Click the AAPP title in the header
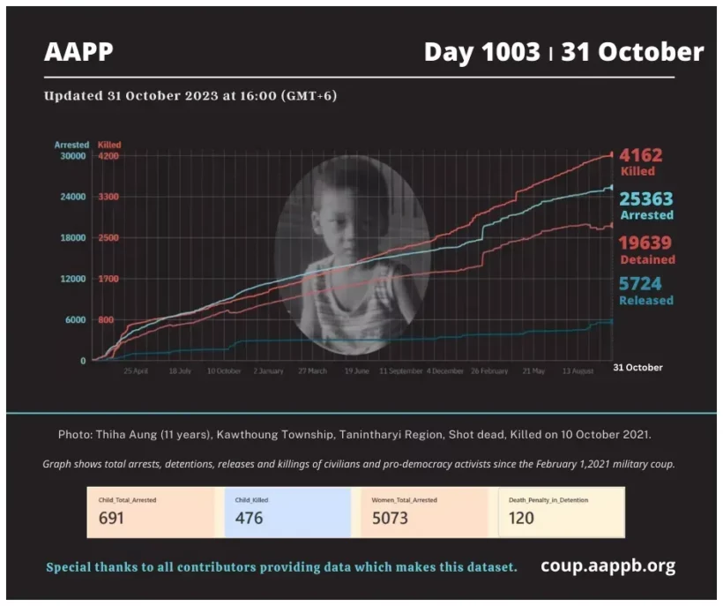coord(78,52)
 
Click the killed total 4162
coord(640,156)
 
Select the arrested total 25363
coord(645,199)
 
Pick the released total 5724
coord(640,284)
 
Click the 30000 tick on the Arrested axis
coord(72,156)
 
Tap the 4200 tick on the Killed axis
coord(108,156)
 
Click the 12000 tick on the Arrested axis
coord(72,279)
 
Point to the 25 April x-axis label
coord(136,371)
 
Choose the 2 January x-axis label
coord(268,371)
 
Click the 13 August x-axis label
coord(578,371)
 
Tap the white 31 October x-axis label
coord(637,367)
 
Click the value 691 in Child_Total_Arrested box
coord(111,518)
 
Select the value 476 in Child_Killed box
coord(250,518)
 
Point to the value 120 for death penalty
coord(522,518)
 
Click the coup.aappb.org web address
coord(608,565)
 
